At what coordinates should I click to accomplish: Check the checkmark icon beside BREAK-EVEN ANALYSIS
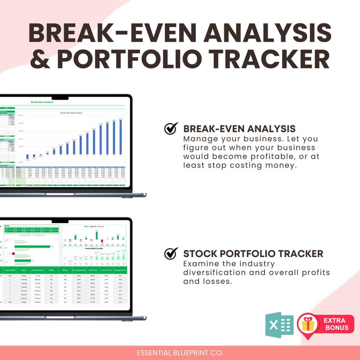[171, 129]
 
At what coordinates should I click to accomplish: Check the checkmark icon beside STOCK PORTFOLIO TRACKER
[171, 253]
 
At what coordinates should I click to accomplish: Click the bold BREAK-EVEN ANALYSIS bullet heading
[239, 129]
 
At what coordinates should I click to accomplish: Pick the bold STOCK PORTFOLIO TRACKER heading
[253, 253]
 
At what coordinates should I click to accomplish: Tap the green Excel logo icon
[279, 325]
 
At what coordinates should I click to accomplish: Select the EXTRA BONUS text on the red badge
[336, 324]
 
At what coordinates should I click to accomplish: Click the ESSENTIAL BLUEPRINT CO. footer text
[180, 353]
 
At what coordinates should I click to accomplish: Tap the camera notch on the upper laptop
[60, 97]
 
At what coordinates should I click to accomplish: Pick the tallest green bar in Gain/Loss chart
[96, 235]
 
